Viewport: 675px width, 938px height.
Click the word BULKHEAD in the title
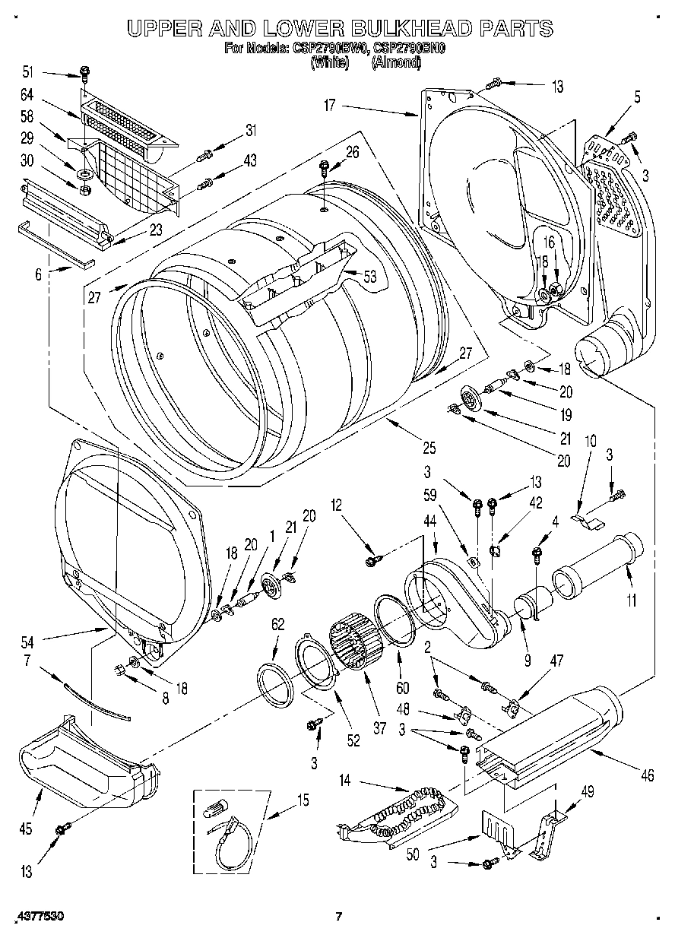(x=401, y=29)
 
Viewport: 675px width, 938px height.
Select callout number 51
(x=28, y=72)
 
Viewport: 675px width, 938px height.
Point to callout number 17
(x=329, y=106)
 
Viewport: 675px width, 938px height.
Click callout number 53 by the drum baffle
(x=370, y=277)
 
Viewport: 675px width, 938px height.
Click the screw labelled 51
(x=84, y=74)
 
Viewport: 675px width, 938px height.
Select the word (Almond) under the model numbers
(x=395, y=63)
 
